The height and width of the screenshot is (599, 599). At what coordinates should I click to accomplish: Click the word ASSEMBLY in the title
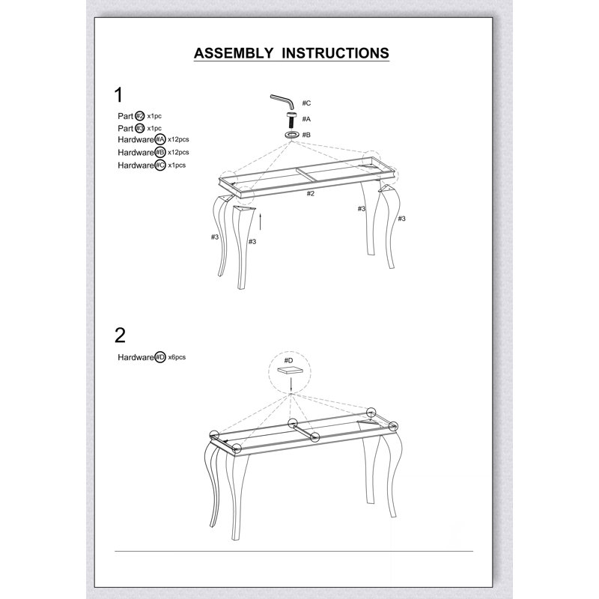[x=234, y=53]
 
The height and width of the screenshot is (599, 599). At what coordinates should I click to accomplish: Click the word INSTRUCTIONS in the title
[x=335, y=53]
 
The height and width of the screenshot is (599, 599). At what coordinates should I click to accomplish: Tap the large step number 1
[x=119, y=95]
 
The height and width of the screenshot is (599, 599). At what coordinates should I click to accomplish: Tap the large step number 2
[x=120, y=335]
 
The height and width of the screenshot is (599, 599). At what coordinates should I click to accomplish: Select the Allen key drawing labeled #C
[x=283, y=101]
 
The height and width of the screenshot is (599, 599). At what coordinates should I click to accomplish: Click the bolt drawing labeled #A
[x=292, y=120]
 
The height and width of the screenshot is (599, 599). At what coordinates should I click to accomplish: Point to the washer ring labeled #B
[x=292, y=135]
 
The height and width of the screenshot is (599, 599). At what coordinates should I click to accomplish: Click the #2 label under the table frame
[x=311, y=193]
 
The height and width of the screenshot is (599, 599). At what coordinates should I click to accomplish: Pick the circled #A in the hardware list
[x=160, y=139]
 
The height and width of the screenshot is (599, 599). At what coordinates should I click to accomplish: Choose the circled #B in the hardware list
[x=160, y=152]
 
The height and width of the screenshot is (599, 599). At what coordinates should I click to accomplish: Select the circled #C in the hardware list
[x=160, y=165]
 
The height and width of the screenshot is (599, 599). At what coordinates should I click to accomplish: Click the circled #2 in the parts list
[x=140, y=116]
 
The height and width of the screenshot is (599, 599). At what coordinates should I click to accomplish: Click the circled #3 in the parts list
[x=140, y=128]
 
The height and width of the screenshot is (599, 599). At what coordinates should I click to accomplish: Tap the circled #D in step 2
[x=160, y=357]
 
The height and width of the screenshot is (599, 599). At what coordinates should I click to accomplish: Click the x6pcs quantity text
[x=177, y=357]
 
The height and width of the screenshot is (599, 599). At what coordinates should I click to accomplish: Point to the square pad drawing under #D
[x=291, y=369]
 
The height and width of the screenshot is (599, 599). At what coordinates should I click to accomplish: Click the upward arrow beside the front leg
[x=260, y=222]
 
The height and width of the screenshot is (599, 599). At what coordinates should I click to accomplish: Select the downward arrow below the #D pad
[x=291, y=384]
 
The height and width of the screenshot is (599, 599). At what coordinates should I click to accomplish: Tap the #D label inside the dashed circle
[x=288, y=360]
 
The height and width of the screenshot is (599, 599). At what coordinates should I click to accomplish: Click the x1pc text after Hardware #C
[x=177, y=165]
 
